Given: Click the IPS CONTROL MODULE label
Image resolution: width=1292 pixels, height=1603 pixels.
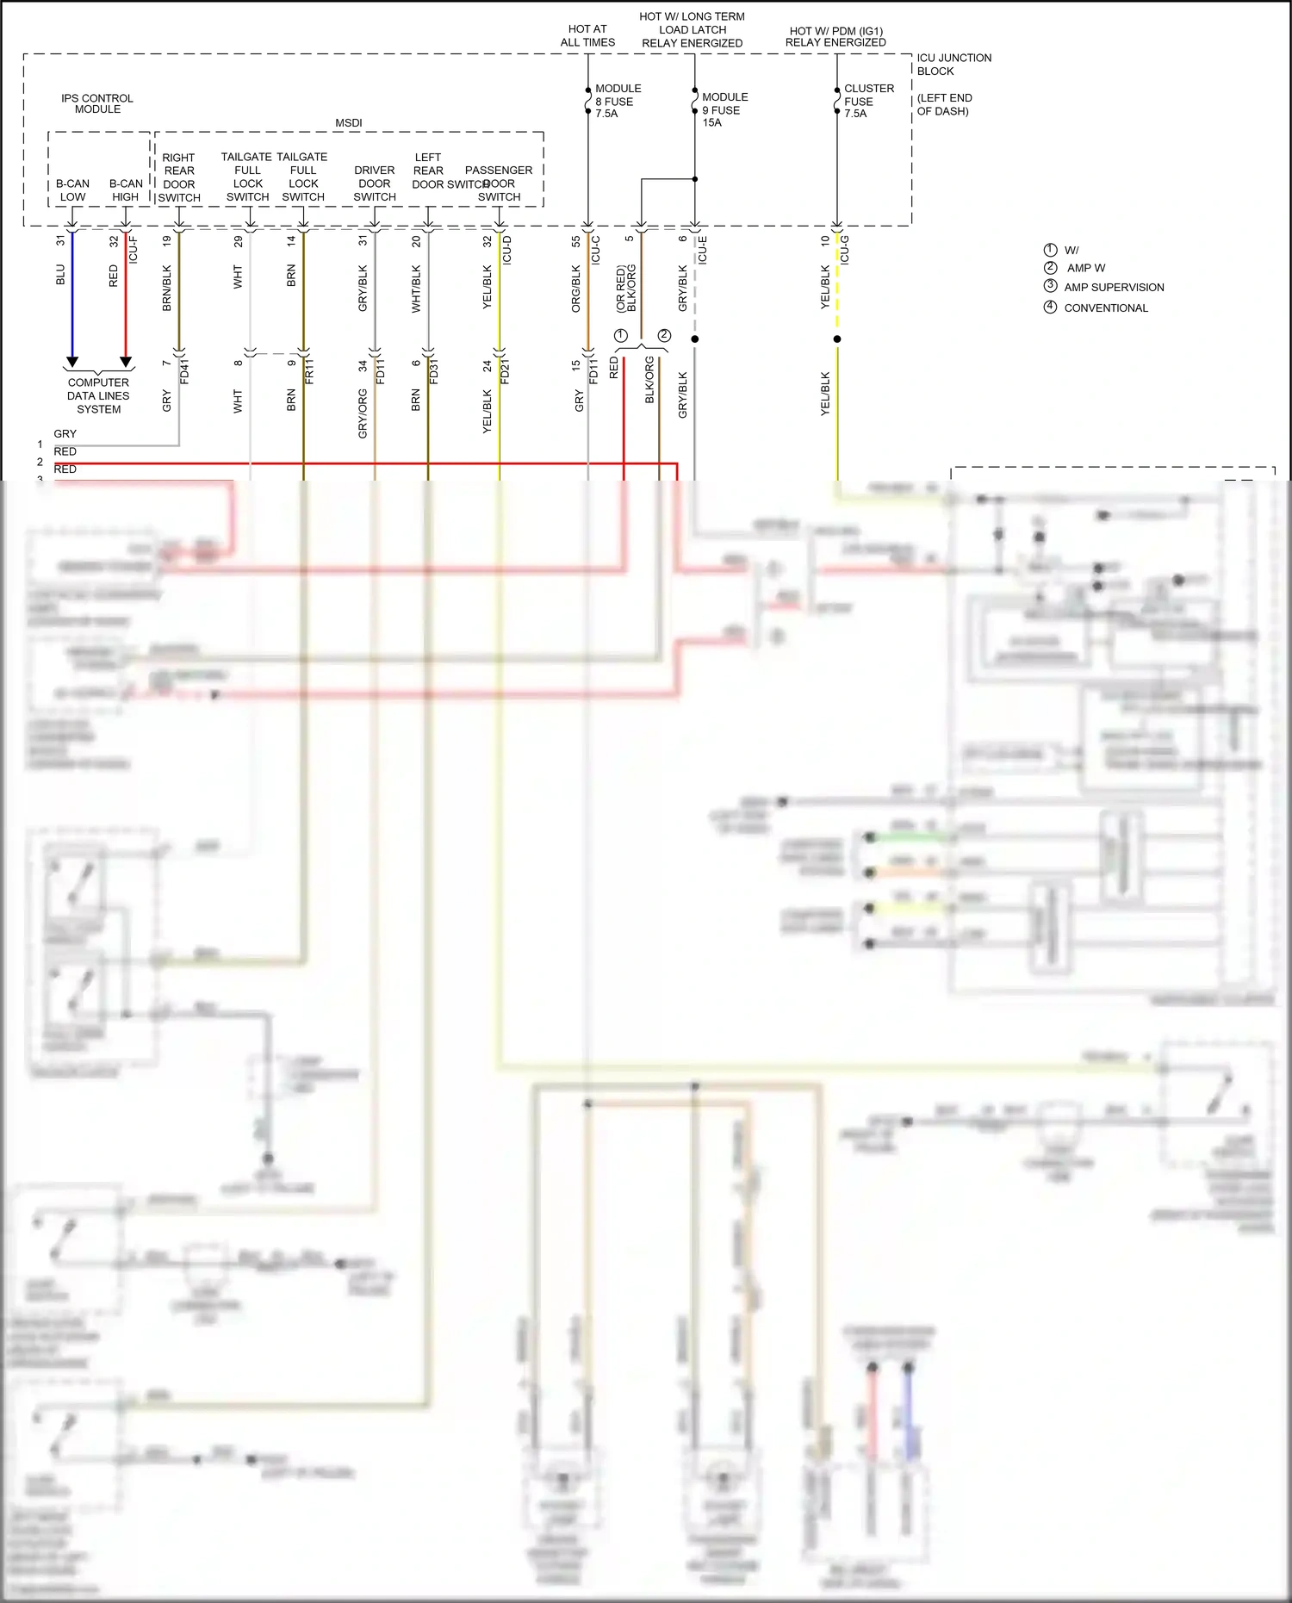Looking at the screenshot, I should point(97,104).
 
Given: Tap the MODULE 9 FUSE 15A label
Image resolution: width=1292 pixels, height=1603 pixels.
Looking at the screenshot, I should point(724,110).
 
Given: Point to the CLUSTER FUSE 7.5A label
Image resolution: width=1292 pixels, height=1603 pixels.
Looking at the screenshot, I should point(868,101).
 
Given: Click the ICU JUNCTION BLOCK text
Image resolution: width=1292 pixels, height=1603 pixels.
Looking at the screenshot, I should point(953,65).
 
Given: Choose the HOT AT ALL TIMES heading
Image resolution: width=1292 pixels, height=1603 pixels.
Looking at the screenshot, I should point(587,35).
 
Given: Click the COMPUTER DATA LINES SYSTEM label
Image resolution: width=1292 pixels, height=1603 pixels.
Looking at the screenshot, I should point(98,396).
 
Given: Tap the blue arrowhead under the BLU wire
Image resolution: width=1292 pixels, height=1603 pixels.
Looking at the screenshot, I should point(72,362).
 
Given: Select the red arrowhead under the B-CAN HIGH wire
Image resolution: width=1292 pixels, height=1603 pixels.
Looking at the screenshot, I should point(126,362).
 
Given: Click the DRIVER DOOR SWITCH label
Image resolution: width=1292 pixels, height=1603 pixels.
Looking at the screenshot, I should point(375,183).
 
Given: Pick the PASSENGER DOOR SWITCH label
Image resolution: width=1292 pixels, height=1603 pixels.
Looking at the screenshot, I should point(499,183).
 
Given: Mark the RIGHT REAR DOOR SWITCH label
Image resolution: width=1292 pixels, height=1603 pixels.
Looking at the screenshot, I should point(179,177).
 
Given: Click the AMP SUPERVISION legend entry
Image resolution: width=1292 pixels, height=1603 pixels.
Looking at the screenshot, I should point(1113,288).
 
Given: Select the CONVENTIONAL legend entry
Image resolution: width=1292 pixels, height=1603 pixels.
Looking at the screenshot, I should point(1105,308).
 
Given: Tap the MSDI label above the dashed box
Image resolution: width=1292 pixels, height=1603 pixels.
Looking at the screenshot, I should point(349,123).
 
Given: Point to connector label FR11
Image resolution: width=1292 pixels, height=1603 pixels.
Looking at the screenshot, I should point(309,371).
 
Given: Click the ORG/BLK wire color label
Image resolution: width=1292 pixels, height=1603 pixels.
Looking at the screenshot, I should point(576,288).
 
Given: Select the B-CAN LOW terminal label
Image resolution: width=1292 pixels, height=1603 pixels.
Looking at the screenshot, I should point(72,190).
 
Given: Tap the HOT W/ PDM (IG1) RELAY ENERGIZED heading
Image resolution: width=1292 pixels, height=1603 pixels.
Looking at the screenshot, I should point(835,37).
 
